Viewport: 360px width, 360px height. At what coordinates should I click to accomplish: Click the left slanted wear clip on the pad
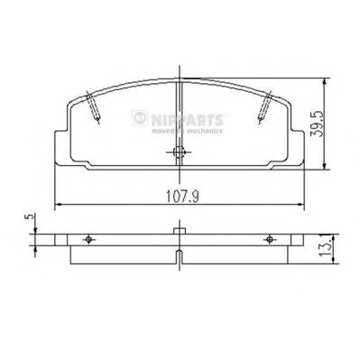click(93, 107)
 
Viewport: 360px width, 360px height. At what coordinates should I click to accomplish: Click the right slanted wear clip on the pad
click(263, 107)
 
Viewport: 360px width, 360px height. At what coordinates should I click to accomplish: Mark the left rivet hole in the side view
click(88, 239)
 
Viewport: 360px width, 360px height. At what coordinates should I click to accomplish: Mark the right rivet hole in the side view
click(269, 239)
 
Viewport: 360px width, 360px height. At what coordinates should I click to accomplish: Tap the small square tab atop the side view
click(180, 232)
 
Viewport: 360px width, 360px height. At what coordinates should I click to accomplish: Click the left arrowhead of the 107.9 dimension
click(59, 204)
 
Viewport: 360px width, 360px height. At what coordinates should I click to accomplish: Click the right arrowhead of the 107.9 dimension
click(304, 204)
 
